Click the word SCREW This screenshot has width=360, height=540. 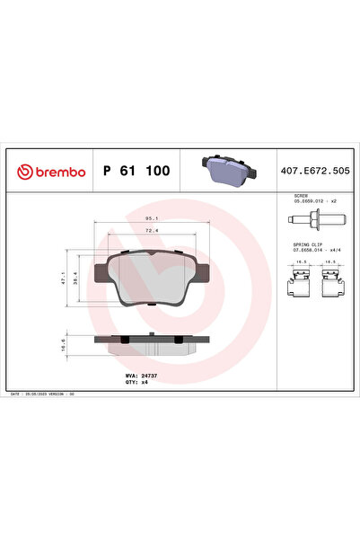tap(301, 194)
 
